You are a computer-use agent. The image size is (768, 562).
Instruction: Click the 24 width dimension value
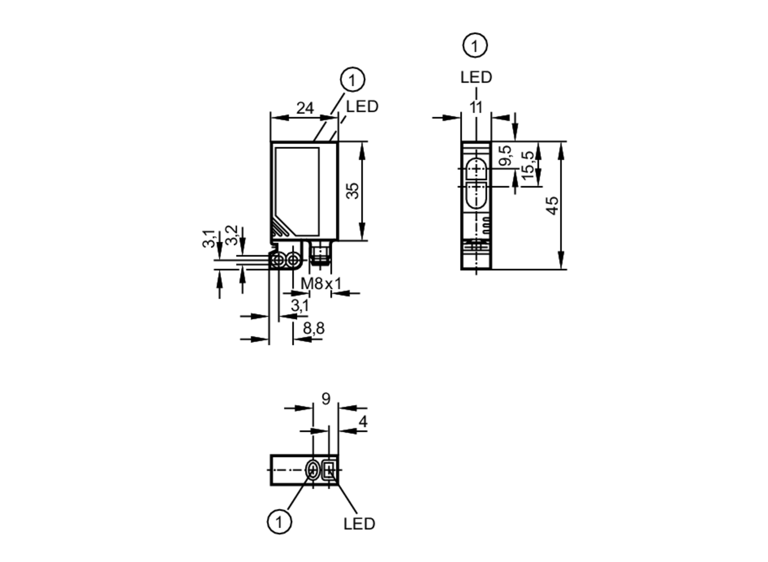[305, 108]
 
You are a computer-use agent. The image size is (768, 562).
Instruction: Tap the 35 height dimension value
[352, 191]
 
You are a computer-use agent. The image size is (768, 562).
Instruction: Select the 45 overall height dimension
[553, 206]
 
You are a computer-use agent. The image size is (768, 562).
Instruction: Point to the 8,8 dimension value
[314, 328]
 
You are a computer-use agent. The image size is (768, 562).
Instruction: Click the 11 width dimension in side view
[476, 108]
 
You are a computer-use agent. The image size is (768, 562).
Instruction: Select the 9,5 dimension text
[506, 156]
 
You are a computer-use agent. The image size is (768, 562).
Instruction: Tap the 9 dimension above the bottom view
[326, 399]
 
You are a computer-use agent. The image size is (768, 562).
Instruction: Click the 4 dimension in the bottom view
[362, 422]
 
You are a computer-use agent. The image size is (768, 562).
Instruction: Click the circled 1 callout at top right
[475, 46]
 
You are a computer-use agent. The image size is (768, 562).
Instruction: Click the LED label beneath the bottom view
[359, 524]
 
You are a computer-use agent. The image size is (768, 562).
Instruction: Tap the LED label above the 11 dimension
[476, 78]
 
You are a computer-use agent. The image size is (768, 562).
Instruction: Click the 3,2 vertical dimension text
[232, 235]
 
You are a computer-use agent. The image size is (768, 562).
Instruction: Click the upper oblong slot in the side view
[476, 169]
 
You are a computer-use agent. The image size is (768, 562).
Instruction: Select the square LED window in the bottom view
[329, 470]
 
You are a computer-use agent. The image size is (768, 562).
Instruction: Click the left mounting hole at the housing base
[278, 261]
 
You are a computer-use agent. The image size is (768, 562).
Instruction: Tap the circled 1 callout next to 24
[352, 80]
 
